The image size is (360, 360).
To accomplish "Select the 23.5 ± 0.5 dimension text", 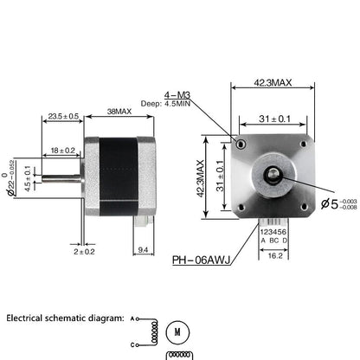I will (x=63, y=115).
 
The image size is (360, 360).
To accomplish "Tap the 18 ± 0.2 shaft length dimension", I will (x=63, y=150).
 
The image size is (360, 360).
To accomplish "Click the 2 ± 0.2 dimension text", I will (x=84, y=252).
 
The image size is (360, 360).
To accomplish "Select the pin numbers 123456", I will (x=270, y=232).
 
